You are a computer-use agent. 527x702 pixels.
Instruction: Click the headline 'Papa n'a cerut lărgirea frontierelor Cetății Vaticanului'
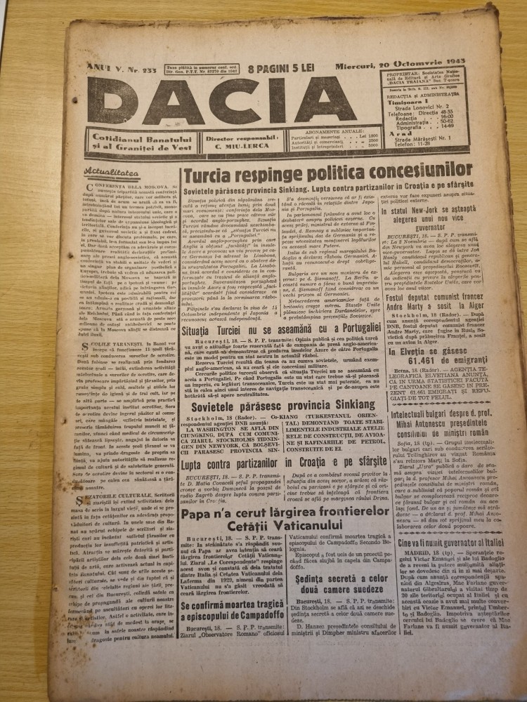tap(288, 522)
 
